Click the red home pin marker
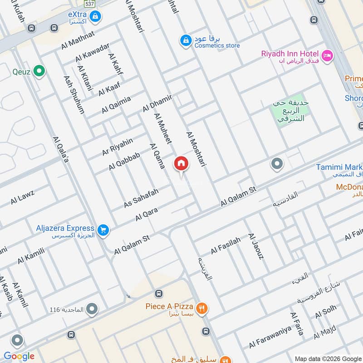click(181, 164)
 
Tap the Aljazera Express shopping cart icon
click(103, 231)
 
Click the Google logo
click(19, 356)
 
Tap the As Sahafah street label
click(141, 199)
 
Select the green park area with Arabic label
click(289, 111)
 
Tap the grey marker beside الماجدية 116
click(93, 309)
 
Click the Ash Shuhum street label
click(74, 94)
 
